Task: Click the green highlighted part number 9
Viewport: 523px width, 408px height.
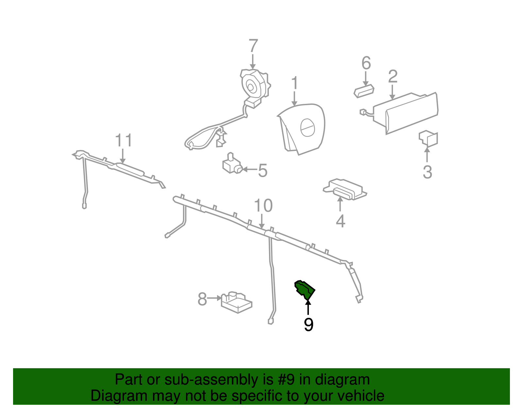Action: coord(304,290)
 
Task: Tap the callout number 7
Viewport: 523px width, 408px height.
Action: coord(253,46)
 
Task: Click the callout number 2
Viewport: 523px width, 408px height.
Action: coord(393,77)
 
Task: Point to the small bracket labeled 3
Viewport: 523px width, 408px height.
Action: coord(428,139)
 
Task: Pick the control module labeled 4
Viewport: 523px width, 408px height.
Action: coord(345,189)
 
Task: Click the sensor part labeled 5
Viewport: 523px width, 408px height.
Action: coord(232,164)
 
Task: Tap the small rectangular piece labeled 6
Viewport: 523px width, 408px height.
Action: coord(364,91)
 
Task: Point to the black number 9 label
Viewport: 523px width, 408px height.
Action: coord(309,325)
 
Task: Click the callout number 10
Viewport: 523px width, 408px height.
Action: coord(263,205)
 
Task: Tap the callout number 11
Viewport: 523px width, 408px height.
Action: coord(124,140)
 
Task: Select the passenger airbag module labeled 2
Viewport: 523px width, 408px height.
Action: coord(405,113)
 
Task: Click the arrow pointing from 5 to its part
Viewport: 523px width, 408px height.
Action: coord(250,170)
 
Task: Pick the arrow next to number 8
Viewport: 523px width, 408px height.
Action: coord(214,298)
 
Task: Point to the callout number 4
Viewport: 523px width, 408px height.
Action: coord(341,221)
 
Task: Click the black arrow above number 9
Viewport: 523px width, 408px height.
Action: coord(308,307)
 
